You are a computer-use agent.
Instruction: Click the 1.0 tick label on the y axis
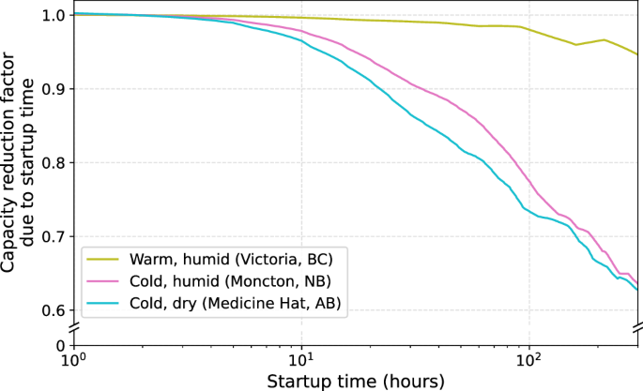pyautogui.click(x=52, y=16)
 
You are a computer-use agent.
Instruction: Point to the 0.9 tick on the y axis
pyautogui.click(x=52, y=89)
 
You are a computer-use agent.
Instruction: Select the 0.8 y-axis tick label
pyautogui.click(x=52, y=163)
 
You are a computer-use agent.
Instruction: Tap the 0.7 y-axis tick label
pyautogui.click(x=52, y=236)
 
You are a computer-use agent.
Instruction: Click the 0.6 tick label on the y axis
pyautogui.click(x=52, y=310)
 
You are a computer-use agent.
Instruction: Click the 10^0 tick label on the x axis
pyautogui.click(x=72, y=362)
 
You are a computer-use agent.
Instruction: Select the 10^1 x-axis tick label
pyautogui.click(x=300, y=362)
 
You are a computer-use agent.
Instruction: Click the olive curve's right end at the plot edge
pyautogui.click(x=637, y=54)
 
